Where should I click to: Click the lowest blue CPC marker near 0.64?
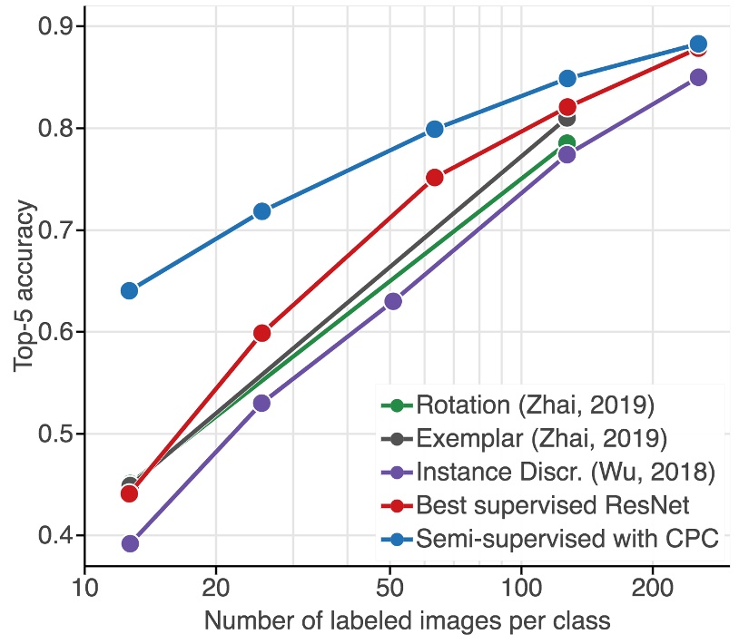click(x=129, y=290)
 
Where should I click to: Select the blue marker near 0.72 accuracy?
click(x=261, y=211)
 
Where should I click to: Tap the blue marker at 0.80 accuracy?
click(x=435, y=129)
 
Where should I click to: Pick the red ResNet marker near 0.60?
click(x=261, y=333)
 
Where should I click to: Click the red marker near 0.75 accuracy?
click(x=435, y=178)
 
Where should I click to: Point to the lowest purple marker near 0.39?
click(x=129, y=543)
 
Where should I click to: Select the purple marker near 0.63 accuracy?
click(x=393, y=301)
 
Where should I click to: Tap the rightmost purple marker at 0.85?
click(x=698, y=77)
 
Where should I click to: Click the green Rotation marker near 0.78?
click(x=567, y=143)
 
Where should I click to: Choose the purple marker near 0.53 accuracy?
click(x=261, y=403)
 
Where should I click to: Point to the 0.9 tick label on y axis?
click(x=54, y=26)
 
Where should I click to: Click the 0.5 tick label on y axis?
click(x=54, y=434)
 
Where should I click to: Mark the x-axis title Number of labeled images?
click(x=406, y=622)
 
